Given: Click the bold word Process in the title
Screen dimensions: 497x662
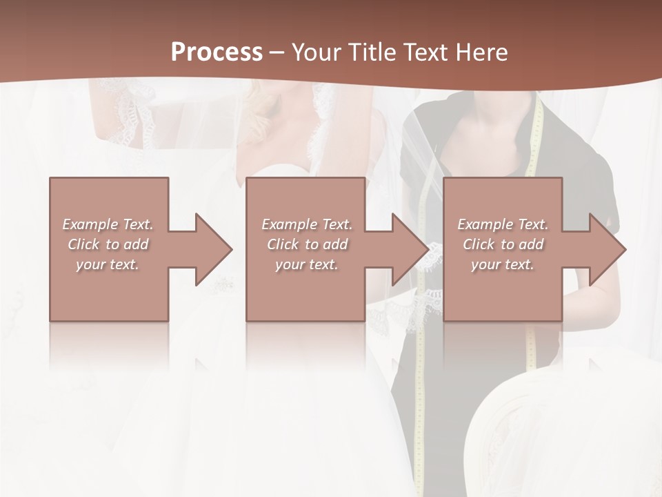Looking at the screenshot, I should pyautogui.click(x=217, y=52).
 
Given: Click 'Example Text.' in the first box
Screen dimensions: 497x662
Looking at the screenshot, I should pyautogui.click(x=108, y=224).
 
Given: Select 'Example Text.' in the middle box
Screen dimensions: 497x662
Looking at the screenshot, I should pyautogui.click(x=307, y=224).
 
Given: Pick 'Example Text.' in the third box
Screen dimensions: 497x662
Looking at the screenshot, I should pyautogui.click(x=503, y=224).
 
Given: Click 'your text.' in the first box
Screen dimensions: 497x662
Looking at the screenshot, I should pyautogui.click(x=108, y=264).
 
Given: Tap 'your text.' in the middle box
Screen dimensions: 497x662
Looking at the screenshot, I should pyautogui.click(x=307, y=264).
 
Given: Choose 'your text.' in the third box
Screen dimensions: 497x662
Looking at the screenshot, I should pyautogui.click(x=503, y=264).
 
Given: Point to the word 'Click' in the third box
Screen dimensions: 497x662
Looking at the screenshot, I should pyautogui.click(x=479, y=244).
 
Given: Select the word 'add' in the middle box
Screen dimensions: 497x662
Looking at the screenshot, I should pyautogui.click(x=334, y=244).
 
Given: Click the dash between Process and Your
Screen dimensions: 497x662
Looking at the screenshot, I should pyautogui.click(x=277, y=53).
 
